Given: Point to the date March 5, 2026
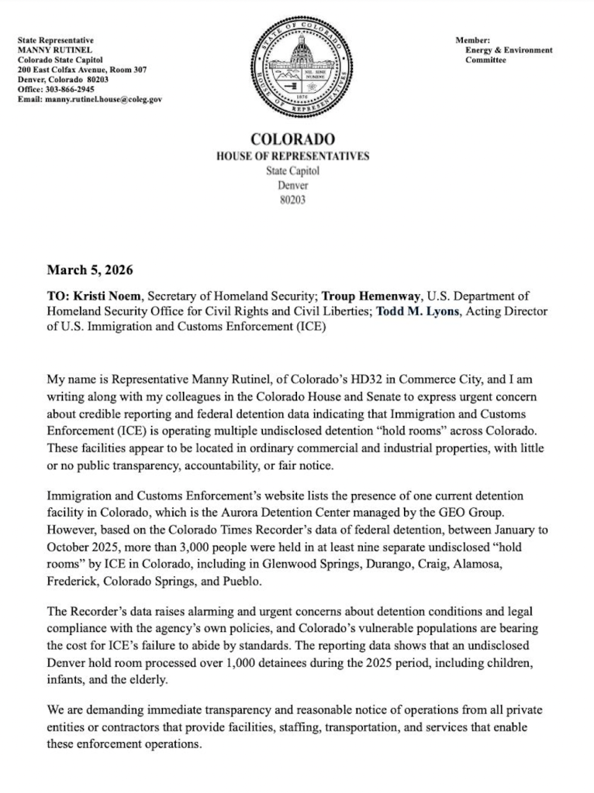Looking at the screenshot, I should point(90,270).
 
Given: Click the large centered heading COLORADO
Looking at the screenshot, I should point(292,140).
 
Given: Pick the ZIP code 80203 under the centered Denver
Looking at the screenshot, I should point(292,200).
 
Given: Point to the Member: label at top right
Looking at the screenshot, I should point(472,39).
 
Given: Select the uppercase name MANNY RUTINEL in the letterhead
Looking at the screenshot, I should point(50,50).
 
